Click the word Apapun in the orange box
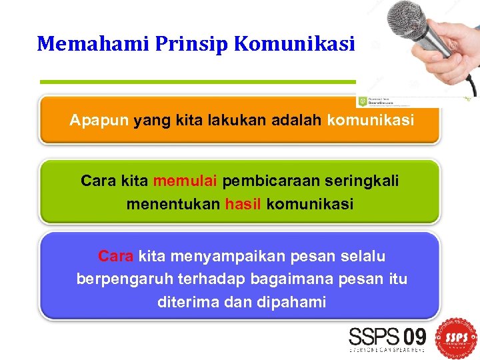pos(99,121)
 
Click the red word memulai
pos(185,181)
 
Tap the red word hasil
pos(243,204)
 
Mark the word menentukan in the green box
pos(173,204)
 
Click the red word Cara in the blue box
pos(116,256)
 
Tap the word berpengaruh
pos(123,279)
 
